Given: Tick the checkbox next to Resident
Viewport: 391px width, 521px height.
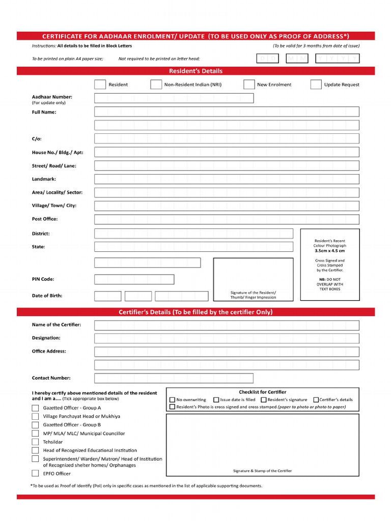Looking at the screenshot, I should (x=100, y=84).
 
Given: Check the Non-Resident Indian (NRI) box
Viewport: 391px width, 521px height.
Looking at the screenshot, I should (x=156, y=84).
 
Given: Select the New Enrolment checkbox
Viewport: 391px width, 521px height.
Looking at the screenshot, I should (x=249, y=84).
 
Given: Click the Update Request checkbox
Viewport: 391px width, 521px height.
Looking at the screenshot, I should (x=316, y=84).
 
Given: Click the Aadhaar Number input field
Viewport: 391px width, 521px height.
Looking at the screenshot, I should (x=174, y=98).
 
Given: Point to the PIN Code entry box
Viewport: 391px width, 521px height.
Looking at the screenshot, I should (x=134, y=279).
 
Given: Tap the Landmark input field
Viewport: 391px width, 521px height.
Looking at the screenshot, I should (x=227, y=179).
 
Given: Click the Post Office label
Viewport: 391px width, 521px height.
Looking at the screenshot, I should (x=45, y=219).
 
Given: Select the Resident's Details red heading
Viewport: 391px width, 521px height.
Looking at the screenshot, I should (x=195, y=71).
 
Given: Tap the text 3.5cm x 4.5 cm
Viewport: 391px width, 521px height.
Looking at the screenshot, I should (x=329, y=251).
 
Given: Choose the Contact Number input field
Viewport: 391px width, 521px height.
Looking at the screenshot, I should (x=174, y=378).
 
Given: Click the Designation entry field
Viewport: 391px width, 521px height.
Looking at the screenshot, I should (x=227, y=338).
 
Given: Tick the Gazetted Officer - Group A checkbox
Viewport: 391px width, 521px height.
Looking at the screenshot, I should (x=35, y=408).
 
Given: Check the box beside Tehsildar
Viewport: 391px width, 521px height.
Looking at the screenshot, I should (x=35, y=442).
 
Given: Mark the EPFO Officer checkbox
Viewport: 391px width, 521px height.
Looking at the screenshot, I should (x=35, y=473).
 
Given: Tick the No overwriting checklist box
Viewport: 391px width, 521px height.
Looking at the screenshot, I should (x=172, y=400).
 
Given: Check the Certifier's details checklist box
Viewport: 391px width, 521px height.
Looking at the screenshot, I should (x=316, y=400).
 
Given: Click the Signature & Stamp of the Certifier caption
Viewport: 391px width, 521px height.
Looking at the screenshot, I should (x=263, y=471).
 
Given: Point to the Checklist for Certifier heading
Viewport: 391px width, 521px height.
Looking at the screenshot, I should (x=263, y=392).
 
